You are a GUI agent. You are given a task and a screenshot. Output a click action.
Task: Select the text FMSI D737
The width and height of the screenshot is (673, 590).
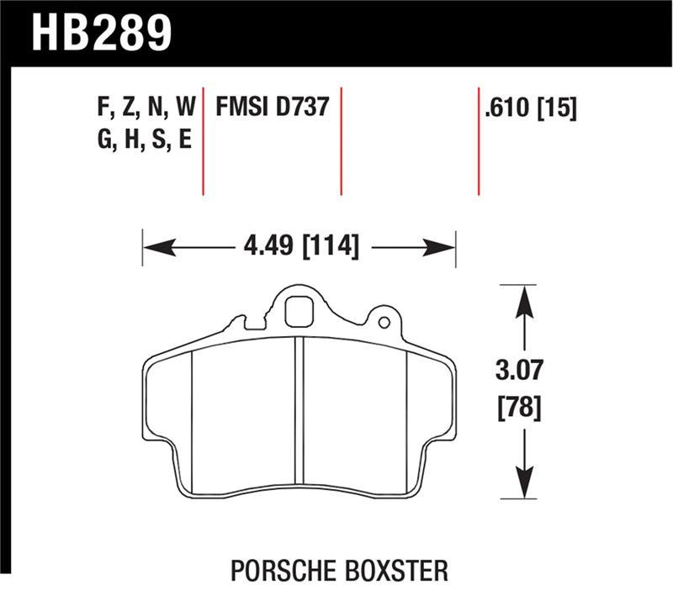[272, 108]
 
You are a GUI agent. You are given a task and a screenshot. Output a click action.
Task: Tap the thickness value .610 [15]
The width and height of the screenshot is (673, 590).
[530, 108]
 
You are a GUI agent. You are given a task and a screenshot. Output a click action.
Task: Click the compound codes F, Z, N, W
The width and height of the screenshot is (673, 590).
[146, 108]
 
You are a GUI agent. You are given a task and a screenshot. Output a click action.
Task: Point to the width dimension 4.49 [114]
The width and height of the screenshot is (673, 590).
[299, 247]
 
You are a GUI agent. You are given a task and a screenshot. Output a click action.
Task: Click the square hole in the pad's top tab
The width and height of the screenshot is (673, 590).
[297, 313]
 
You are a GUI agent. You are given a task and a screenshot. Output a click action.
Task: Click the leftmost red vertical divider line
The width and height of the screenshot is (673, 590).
[204, 140]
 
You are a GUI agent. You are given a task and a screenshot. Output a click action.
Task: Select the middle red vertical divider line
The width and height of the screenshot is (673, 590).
[341, 140]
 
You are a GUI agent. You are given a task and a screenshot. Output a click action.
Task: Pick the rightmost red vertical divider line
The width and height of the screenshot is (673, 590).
[479, 140]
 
